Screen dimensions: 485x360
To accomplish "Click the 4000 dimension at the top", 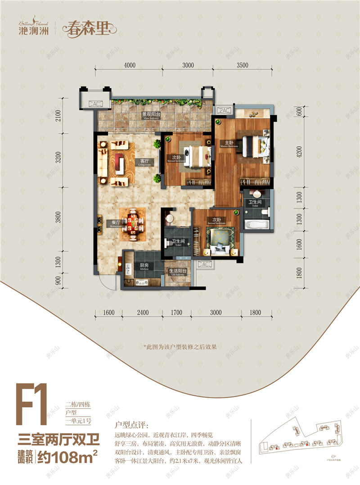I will [129, 65].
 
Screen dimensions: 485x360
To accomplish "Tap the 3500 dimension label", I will [242, 65].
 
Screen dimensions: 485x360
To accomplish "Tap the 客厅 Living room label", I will [144, 161].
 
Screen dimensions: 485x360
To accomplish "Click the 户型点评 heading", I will [129, 425].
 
